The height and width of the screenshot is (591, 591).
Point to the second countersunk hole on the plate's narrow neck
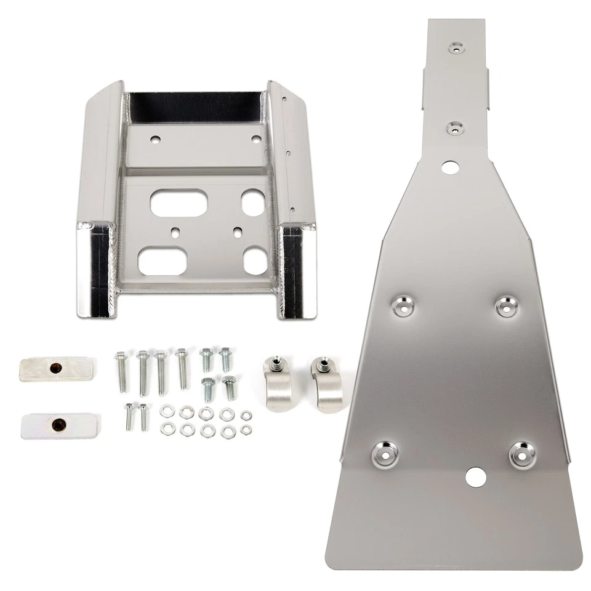[456, 127]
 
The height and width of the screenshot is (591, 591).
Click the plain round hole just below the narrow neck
[450, 166]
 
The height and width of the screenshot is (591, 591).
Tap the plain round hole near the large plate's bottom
[475, 475]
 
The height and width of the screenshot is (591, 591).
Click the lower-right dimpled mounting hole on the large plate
[521, 454]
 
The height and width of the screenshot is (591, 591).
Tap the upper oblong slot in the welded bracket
[177, 201]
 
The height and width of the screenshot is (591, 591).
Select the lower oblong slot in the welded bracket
[162, 262]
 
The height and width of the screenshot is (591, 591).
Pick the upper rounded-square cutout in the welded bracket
[252, 202]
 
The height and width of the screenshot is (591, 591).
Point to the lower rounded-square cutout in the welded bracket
[254, 259]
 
